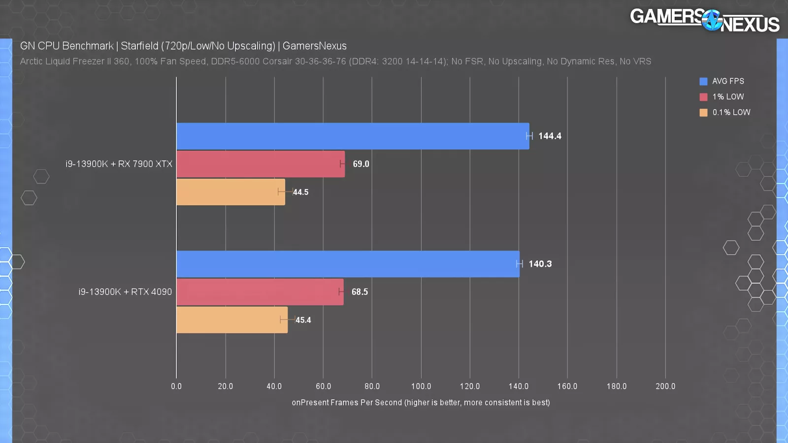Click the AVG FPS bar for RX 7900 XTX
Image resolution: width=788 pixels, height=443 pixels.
point(353,136)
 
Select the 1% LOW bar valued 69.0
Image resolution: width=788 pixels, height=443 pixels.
point(261,164)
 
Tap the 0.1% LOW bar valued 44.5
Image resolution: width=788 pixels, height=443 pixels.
point(230,192)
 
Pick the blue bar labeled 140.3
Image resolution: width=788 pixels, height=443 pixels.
point(348,264)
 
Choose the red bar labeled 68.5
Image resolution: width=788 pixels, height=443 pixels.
point(260,292)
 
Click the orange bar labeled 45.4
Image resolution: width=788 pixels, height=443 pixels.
point(232,320)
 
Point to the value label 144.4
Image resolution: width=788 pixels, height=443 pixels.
point(550,136)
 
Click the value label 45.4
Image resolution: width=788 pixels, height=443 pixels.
point(303,320)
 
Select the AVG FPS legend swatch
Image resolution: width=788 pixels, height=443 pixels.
point(703,81)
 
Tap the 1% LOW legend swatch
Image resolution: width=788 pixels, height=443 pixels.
point(703,97)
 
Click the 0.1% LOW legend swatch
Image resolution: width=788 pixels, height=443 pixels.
point(703,113)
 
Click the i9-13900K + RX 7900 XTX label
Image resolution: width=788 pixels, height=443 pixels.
point(119,164)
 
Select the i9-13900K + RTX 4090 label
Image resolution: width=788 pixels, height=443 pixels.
point(125,292)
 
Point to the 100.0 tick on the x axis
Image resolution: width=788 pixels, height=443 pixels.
point(421,387)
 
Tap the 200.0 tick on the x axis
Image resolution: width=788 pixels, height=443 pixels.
point(665,387)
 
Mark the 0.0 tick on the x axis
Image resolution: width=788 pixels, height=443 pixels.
point(176,387)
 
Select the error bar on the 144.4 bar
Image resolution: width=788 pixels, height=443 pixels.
point(529,136)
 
